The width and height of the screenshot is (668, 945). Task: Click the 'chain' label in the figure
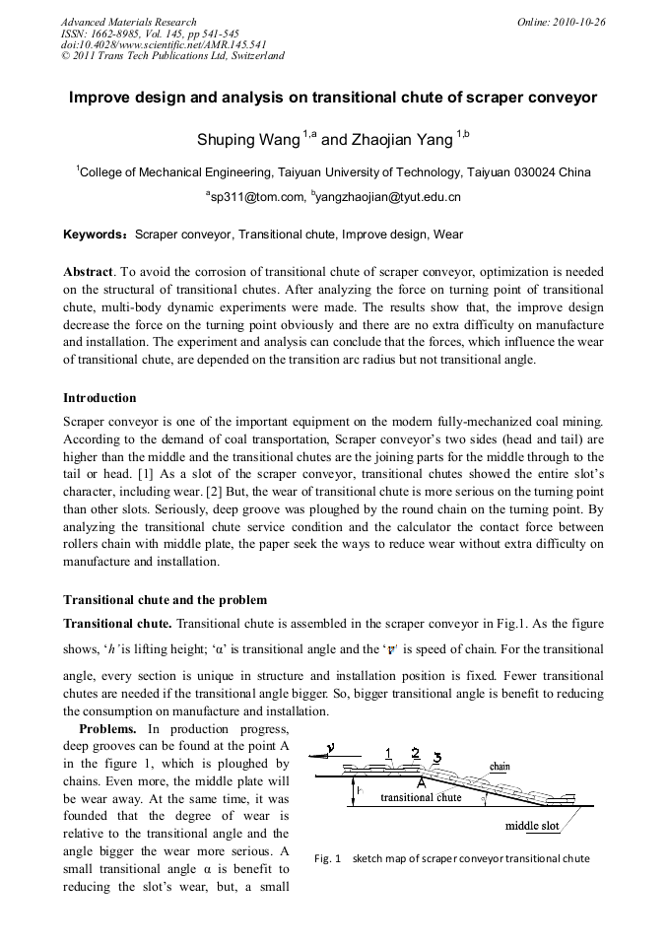[x=500, y=766]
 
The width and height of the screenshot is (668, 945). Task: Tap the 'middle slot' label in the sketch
[x=532, y=826]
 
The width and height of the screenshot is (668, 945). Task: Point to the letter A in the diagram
[x=421, y=783]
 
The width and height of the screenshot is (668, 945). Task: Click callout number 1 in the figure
[x=388, y=754]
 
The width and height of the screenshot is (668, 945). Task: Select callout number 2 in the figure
[x=415, y=753]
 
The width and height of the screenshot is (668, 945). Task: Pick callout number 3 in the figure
[x=436, y=758]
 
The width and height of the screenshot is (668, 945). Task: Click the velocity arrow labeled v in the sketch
[x=330, y=752]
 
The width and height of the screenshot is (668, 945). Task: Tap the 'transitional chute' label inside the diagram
[x=421, y=797]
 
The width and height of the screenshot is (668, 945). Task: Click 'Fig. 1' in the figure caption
[x=327, y=858]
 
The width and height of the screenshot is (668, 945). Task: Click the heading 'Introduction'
[x=100, y=398]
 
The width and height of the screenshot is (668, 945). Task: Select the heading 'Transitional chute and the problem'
[x=165, y=599]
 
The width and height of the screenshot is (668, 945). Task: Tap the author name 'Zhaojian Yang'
[x=399, y=140]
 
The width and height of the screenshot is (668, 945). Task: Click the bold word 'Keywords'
[x=95, y=236]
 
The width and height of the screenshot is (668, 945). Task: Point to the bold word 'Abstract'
[x=88, y=271]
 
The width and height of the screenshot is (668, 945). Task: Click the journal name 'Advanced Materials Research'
[x=128, y=22]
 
